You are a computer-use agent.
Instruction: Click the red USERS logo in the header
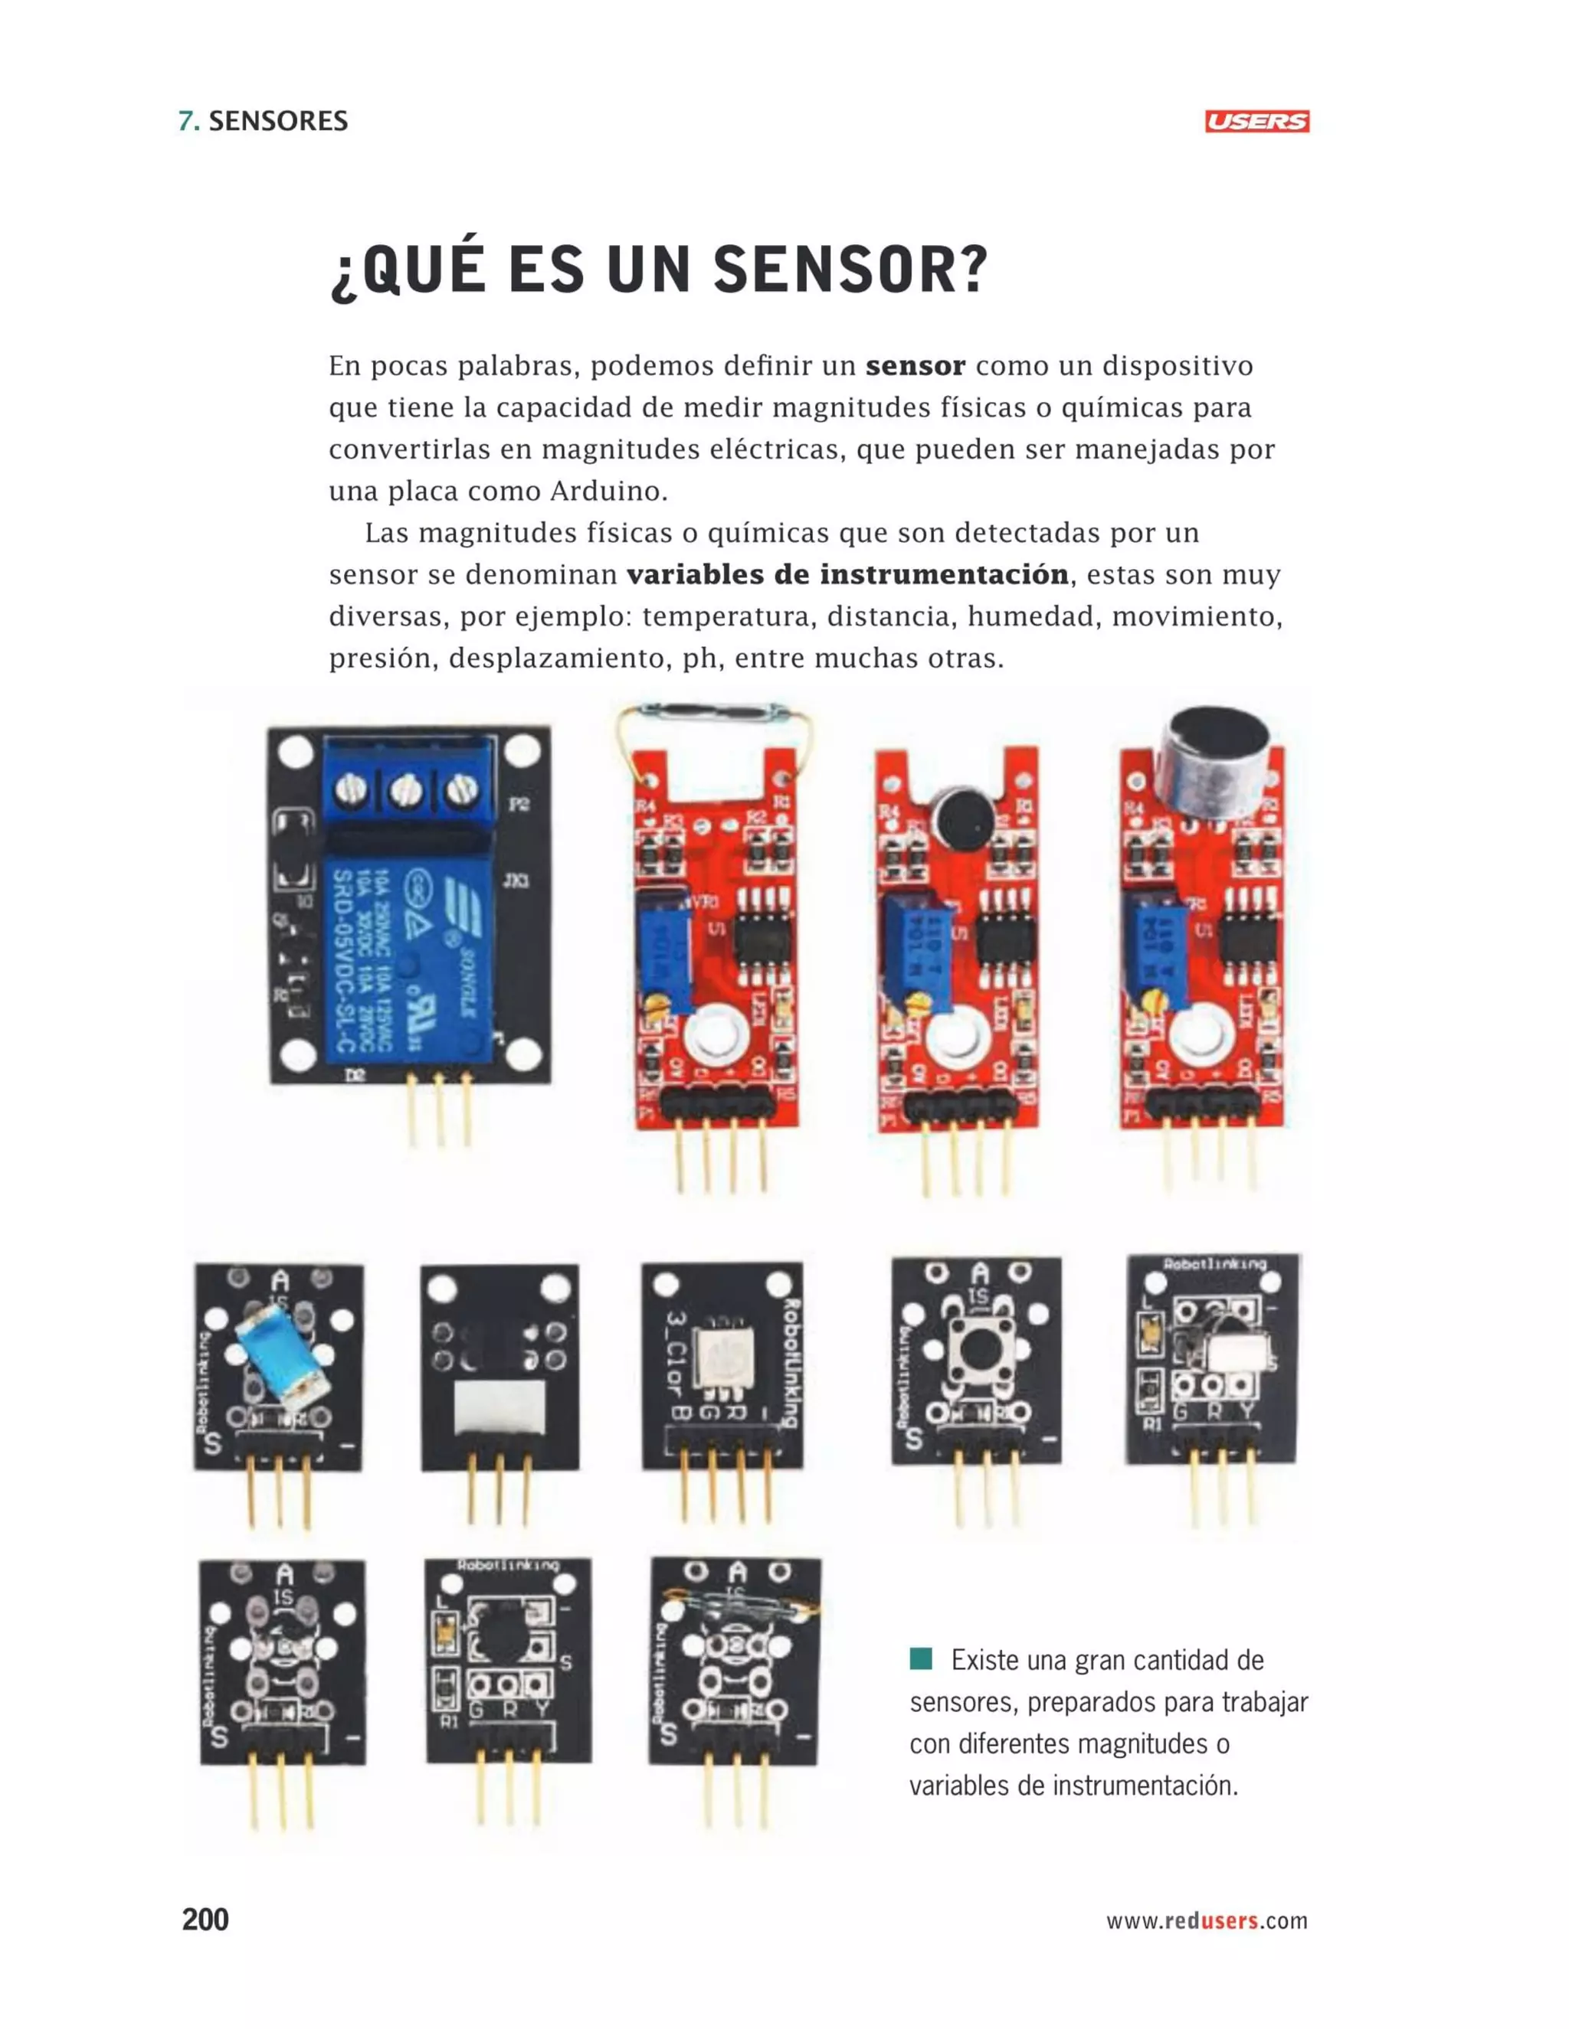point(1256,122)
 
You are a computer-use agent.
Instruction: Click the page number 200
point(205,1920)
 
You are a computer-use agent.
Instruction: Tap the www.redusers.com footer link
point(1206,1920)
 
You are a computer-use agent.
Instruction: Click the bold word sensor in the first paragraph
point(915,366)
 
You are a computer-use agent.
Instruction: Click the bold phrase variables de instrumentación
point(847,575)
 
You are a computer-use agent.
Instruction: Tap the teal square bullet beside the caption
point(920,1658)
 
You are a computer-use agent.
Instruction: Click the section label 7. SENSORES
point(263,122)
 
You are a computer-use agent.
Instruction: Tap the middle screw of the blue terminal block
point(406,791)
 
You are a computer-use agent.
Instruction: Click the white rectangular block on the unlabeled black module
point(500,1406)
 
